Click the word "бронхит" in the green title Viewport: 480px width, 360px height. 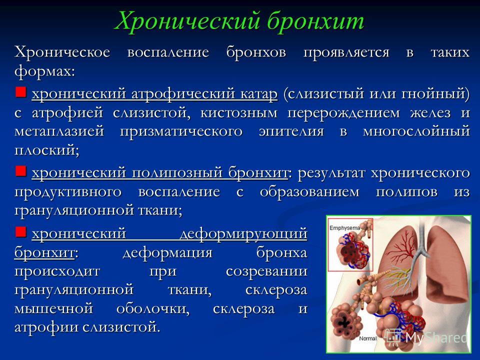click(x=316, y=21)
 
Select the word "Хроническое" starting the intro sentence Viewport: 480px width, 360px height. click(x=62, y=52)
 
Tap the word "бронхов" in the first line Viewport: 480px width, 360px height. click(x=256, y=52)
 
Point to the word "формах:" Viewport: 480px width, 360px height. click(x=44, y=72)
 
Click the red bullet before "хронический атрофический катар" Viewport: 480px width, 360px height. click(x=21, y=91)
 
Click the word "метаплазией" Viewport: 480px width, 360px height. click(x=59, y=131)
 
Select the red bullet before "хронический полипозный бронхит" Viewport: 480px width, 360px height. click(x=21, y=171)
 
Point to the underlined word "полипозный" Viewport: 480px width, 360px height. click(x=176, y=172)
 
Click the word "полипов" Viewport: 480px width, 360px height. click(x=406, y=192)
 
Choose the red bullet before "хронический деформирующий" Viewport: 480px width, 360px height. click(x=21, y=231)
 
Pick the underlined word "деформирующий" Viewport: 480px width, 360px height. click(x=243, y=234)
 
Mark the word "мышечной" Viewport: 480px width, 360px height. click(x=53, y=308)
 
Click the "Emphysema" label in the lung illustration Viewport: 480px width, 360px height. click(x=344, y=228)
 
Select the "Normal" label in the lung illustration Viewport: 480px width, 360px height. click(x=368, y=338)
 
